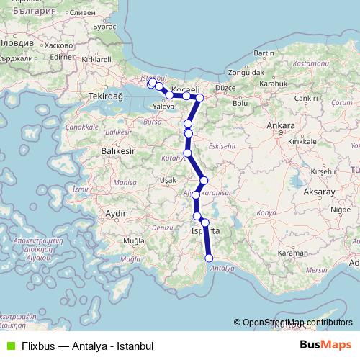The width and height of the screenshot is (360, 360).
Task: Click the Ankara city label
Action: click(x=280, y=125)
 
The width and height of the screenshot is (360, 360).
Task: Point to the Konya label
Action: click(x=266, y=213)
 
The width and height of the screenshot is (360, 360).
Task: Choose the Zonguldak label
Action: click(x=241, y=73)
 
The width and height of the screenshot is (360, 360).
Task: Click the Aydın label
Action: click(x=116, y=214)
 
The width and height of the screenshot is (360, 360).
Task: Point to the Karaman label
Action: click(x=292, y=253)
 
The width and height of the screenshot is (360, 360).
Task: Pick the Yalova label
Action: click(x=165, y=106)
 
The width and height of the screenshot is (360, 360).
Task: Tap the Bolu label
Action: click(x=239, y=103)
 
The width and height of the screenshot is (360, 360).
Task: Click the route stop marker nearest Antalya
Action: click(x=210, y=258)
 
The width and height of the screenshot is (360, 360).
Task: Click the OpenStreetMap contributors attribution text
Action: click(x=297, y=323)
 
